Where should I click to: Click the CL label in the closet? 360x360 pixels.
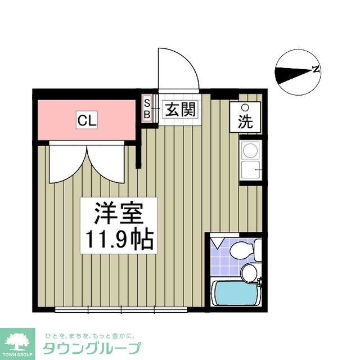point(87,119)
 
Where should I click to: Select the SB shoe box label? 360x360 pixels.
point(147,109)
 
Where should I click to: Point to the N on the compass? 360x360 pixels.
point(316,70)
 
